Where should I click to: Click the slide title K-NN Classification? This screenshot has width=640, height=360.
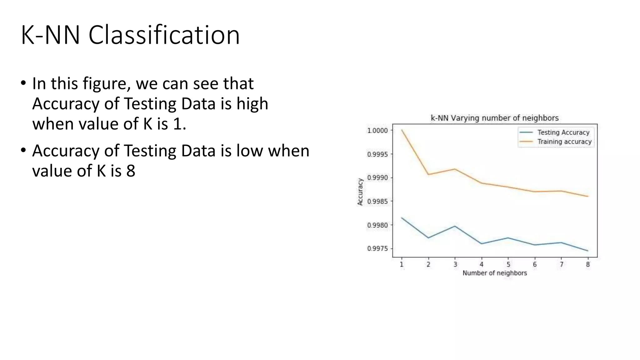(x=130, y=35)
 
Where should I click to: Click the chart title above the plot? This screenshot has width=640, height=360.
(x=494, y=118)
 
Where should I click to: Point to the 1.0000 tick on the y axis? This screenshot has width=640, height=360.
(x=377, y=130)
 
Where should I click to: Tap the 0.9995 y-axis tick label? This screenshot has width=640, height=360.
(x=377, y=154)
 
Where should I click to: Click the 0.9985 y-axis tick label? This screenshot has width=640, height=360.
(x=377, y=202)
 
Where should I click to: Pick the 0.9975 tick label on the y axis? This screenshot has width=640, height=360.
(x=377, y=249)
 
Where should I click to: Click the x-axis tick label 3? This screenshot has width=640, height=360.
(x=455, y=264)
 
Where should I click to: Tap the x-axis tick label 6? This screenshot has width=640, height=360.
(x=535, y=264)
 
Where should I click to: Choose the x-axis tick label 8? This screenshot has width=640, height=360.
(x=588, y=264)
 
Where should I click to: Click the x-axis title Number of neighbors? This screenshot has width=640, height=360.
(x=495, y=273)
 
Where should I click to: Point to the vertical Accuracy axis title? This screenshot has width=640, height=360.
(x=360, y=192)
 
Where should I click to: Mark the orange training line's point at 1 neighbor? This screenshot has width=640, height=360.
(x=402, y=130)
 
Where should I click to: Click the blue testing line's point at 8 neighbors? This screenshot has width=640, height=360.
(x=588, y=251)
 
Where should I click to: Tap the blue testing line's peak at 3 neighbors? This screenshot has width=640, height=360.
(x=455, y=226)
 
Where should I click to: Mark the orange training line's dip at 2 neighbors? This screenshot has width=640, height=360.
(x=428, y=174)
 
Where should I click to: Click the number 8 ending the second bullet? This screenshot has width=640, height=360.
(x=131, y=171)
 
